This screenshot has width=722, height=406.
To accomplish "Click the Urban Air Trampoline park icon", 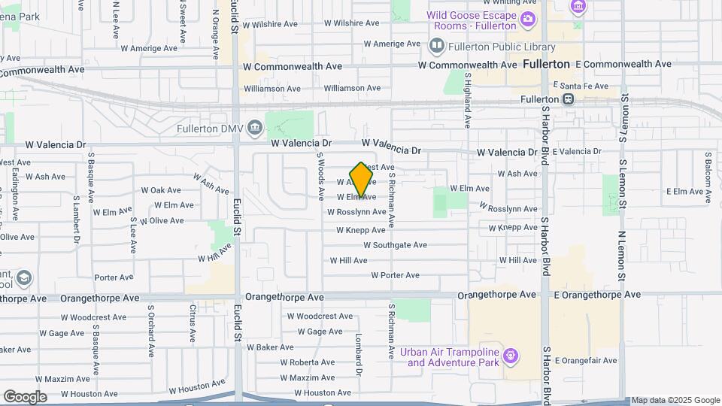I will point(511,354).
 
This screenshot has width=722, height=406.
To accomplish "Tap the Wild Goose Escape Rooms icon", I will point(529,19).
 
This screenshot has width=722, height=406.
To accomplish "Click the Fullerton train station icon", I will point(569,99).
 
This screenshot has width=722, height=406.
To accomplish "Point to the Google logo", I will point(26,396).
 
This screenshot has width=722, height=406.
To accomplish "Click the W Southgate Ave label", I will point(395,245).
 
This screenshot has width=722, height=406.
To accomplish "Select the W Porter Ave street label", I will point(395,275).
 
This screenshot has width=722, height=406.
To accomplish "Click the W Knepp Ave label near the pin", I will point(361,230).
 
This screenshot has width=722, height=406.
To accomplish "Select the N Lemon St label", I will point(622,256).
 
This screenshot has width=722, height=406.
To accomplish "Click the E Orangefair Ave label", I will point(586,361).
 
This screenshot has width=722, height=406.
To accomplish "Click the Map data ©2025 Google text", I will point(675,400).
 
